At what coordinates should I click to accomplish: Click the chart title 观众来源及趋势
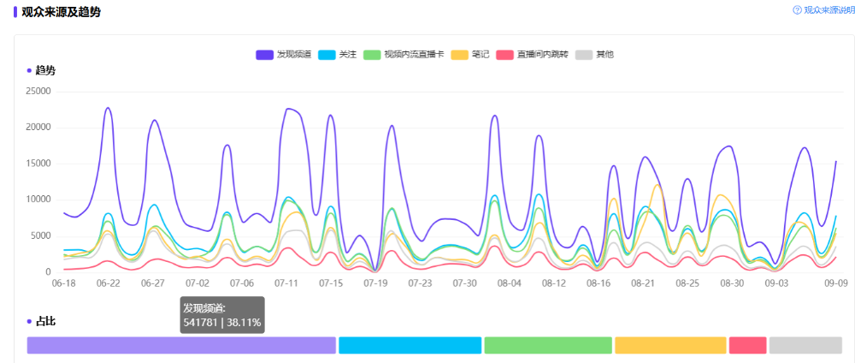point(62,11)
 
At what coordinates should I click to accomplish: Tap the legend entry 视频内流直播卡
point(404,54)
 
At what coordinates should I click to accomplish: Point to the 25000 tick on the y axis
point(38,91)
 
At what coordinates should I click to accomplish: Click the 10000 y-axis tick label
point(38,199)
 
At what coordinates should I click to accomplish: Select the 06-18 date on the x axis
point(63,282)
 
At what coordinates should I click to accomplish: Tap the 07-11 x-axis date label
point(286,282)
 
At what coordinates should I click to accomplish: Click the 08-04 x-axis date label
point(509,282)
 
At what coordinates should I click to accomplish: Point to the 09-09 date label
point(835,282)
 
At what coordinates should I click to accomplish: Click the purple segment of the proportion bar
point(181,345)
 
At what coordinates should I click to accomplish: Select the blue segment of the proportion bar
point(410,345)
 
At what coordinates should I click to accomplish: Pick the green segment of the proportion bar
point(548,345)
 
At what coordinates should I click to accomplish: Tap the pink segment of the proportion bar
point(747,345)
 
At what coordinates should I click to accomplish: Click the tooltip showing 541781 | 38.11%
point(222,314)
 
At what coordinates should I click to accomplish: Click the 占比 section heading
point(44,321)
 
